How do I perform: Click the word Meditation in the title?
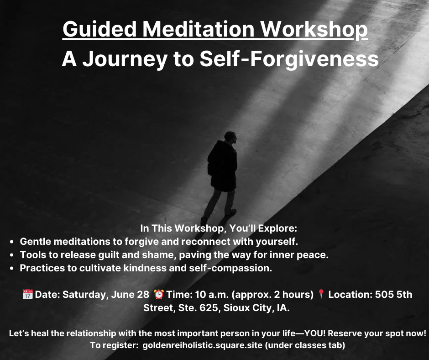click(x=199, y=29)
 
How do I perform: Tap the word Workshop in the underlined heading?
click(x=314, y=30)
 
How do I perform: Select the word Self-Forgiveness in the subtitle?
click(x=289, y=59)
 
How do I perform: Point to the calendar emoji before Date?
click(x=28, y=294)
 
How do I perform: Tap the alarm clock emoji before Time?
click(x=159, y=294)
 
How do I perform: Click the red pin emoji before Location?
click(x=321, y=294)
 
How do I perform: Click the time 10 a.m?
click(x=212, y=295)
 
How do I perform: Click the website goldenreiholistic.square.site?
click(x=203, y=345)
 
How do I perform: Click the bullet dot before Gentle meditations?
click(x=11, y=242)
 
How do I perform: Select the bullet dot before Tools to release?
click(x=11, y=255)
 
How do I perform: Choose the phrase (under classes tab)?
click(x=305, y=345)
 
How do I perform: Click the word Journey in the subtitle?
click(x=125, y=59)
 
